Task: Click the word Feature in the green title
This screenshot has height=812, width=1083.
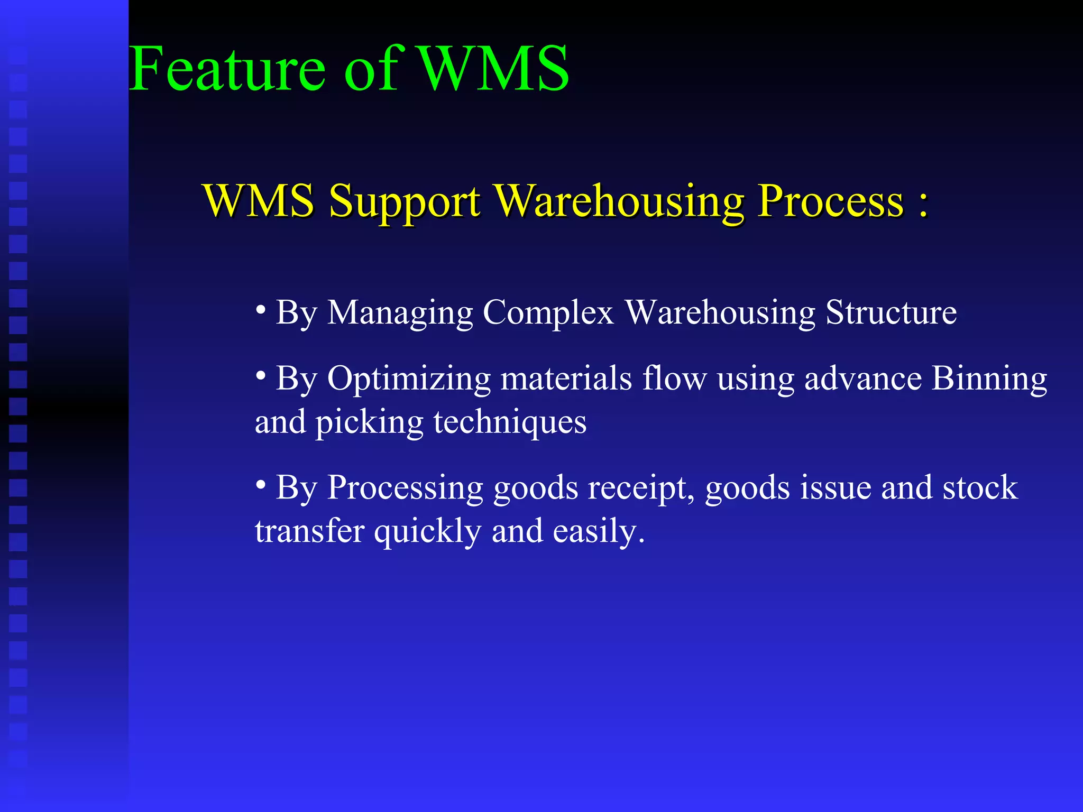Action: [227, 69]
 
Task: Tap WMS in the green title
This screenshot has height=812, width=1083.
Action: [494, 69]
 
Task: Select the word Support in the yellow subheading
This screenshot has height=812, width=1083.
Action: [405, 202]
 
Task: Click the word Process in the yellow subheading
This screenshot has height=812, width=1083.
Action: [831, 202]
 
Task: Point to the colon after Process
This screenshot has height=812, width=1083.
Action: [923, 204]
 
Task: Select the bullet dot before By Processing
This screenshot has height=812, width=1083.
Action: [261, 483]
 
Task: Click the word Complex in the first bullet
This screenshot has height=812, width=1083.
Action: [548, 313]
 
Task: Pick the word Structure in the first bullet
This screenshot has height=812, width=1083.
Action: [891, 313]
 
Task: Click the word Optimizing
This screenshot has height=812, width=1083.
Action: [409, 380]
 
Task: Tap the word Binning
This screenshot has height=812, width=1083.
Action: [989, 380]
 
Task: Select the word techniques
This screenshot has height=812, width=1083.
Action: [510, 423]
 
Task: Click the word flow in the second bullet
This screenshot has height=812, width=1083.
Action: [674, 379]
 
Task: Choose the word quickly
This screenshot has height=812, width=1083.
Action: [428, 532]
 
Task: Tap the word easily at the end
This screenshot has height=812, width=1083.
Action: [598, 532]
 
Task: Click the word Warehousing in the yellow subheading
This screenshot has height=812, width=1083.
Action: [619, 202]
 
